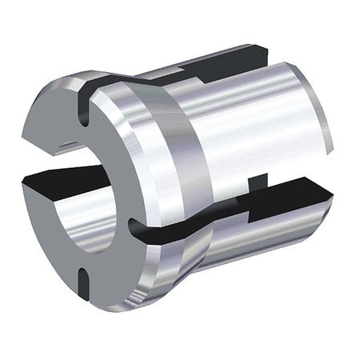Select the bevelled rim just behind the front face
148,160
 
